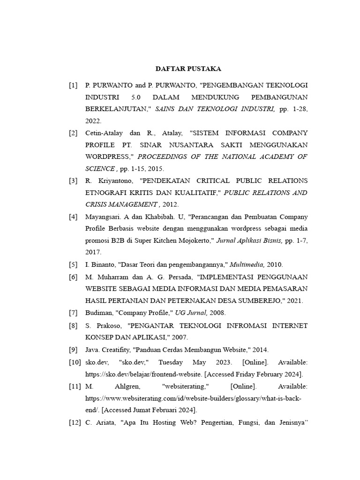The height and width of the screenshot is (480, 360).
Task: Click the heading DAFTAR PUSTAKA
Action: click(188, 69)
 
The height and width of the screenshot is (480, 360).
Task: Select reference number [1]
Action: click(73, 85)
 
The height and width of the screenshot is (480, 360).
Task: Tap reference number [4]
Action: click(73, 217)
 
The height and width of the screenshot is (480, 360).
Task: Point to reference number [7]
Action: click(73, 313)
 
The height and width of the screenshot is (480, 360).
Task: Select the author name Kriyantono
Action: click(113, 180)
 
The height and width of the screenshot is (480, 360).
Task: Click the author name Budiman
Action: click(98, 313)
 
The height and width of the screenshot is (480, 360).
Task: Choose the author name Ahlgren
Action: click(128, 386)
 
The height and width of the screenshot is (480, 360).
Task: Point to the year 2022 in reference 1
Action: click(93, 120)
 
